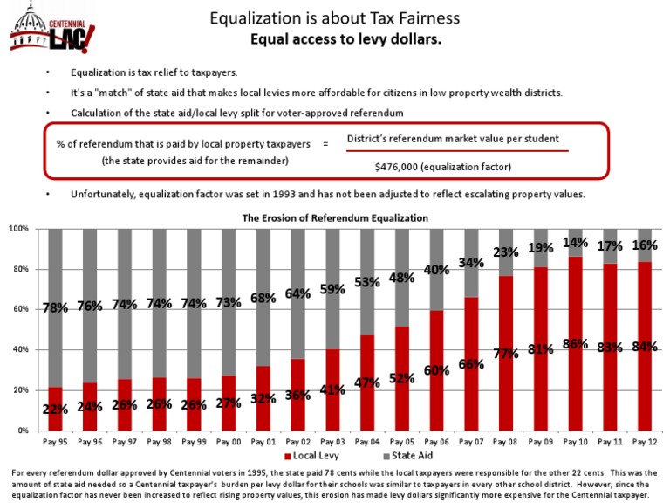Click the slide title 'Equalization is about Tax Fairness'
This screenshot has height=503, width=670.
coord(334,18)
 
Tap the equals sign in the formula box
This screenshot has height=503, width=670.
coord(325,143)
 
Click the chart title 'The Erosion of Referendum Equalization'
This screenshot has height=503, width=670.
coord(335,217)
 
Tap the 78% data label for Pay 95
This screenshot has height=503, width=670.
coord(56,307)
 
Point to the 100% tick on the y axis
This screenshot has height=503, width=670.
coord(18,229)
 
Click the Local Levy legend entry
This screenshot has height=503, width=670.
coord(312,456)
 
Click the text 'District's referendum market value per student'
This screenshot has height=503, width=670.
coord(453,139)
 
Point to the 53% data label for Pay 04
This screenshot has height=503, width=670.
coord(366,282)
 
